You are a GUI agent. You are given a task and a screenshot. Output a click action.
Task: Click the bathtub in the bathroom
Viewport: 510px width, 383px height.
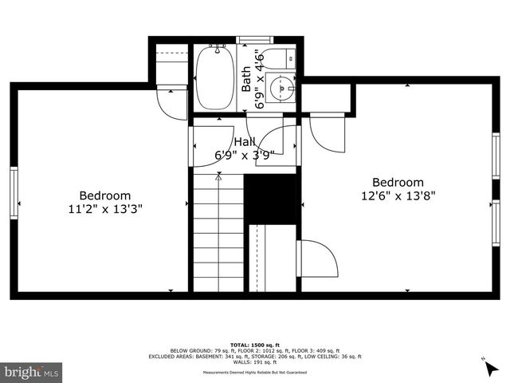(214, 78)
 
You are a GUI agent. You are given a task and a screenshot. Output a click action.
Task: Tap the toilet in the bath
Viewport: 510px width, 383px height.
(280, 58)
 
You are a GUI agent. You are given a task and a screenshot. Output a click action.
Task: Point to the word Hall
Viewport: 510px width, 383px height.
(245, 141)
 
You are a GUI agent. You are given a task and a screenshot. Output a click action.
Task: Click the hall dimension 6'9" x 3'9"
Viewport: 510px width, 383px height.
(245, 155)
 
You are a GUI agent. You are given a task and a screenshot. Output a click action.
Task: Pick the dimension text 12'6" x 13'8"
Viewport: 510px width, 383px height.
(398, 195)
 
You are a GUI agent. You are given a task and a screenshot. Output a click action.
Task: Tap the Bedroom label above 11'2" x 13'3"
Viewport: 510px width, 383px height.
(105, 195)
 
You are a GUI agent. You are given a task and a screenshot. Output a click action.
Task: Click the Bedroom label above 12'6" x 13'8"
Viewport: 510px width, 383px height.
(398, 181)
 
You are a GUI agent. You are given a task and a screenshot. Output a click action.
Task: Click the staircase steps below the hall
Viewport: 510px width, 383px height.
(217, 231)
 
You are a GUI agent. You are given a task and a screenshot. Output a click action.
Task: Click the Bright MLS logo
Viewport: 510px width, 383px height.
(32, 372)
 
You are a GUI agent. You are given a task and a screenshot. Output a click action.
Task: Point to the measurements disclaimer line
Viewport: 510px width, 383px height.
(254, 372)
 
